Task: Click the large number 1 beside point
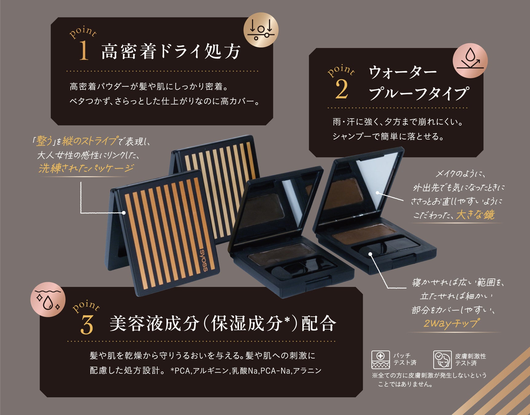tap(84, 50)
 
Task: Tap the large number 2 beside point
tap(341, 89)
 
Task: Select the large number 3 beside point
tap(87, 325)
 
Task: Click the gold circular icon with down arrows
tap(261, 30)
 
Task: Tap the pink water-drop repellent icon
tap(470, 61)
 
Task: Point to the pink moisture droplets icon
tap(48, 299)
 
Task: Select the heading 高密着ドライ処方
tap(171, 51)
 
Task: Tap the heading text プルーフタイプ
tap(419, 93)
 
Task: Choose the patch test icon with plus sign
tap(380, 359)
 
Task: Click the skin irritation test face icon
tap(442, 359)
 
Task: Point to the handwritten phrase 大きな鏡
tap(475, 215)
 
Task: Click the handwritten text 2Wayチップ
tap(451, 323)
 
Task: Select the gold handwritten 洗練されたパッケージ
tap(86, 168)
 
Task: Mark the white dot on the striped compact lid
tap(124, 212)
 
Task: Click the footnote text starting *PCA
tap(246, 371)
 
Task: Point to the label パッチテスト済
tap(405, 359)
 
